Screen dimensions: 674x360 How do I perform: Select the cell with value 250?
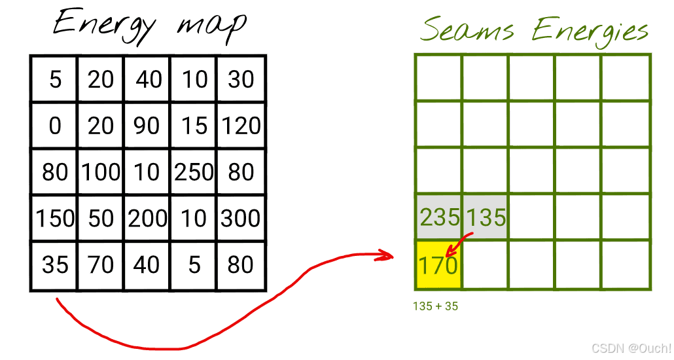(x=194, y=171)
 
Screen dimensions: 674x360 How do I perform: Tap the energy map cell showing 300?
(x=241, y=218)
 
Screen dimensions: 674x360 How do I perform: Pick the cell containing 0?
(x=55, y=125)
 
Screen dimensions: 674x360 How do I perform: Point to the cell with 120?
(x=241, y=125)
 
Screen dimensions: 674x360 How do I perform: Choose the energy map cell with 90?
(x=147, y=125)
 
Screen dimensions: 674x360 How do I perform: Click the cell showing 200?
(x=147, y=218)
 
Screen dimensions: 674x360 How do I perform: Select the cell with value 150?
(x=55, y=218)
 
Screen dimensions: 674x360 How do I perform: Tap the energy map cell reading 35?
(x=55, y=264)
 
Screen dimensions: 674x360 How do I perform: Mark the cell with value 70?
(x=101, y=264)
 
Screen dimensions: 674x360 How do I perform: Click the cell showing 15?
(x=194, y=125)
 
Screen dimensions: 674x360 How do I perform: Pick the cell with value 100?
(x=101, y=171)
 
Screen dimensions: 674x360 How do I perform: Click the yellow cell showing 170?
(x=438, y=265)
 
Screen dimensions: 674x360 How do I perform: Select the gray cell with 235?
(x=439, y=217)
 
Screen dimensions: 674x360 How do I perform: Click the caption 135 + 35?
(x=436, y=306)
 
